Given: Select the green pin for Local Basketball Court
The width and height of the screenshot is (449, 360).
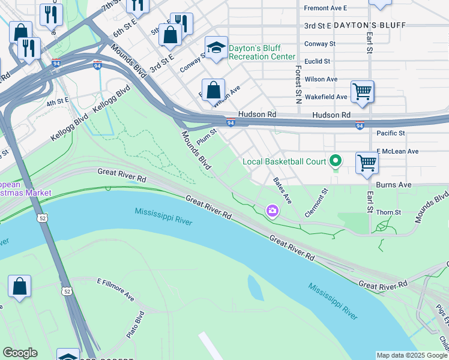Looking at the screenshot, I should pos(336,161).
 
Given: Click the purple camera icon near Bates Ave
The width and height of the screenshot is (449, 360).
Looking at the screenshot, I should pos(273,210).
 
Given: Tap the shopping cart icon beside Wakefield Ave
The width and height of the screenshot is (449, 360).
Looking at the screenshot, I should pos(362,92).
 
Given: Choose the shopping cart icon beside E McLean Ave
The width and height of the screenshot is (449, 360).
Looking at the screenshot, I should pos(366,162).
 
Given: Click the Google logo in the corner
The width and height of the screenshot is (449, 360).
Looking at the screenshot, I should pos(20,353).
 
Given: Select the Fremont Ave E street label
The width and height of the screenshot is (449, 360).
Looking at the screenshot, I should pos(326,8).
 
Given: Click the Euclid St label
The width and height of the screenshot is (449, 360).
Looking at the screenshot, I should pos(318,61).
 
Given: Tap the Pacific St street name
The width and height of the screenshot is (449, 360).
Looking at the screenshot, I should pos(391,133).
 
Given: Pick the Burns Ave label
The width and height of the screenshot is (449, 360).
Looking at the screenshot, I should pos(394,185).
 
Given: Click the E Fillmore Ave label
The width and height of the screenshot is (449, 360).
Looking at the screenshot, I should pos(116,289).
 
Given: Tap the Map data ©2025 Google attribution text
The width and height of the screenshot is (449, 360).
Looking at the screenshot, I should pos(412,355).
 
